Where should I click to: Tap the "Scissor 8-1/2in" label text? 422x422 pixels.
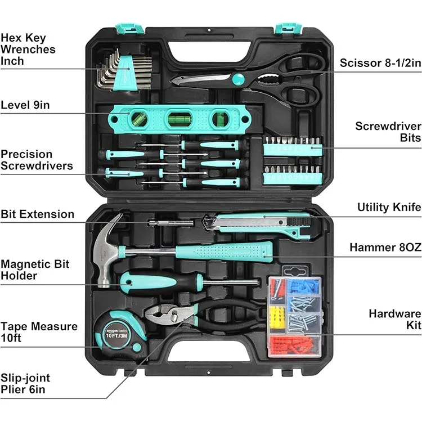click(380, 63)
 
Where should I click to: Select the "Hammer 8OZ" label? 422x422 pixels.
click(385, 247)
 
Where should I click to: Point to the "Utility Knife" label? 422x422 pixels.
click(389, 207)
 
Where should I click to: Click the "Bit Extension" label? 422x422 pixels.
click(37, 214)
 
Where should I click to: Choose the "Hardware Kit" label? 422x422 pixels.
click(394, 320)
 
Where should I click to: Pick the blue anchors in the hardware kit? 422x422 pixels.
click(297, 287)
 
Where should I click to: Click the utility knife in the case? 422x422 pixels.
click(259, 224)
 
